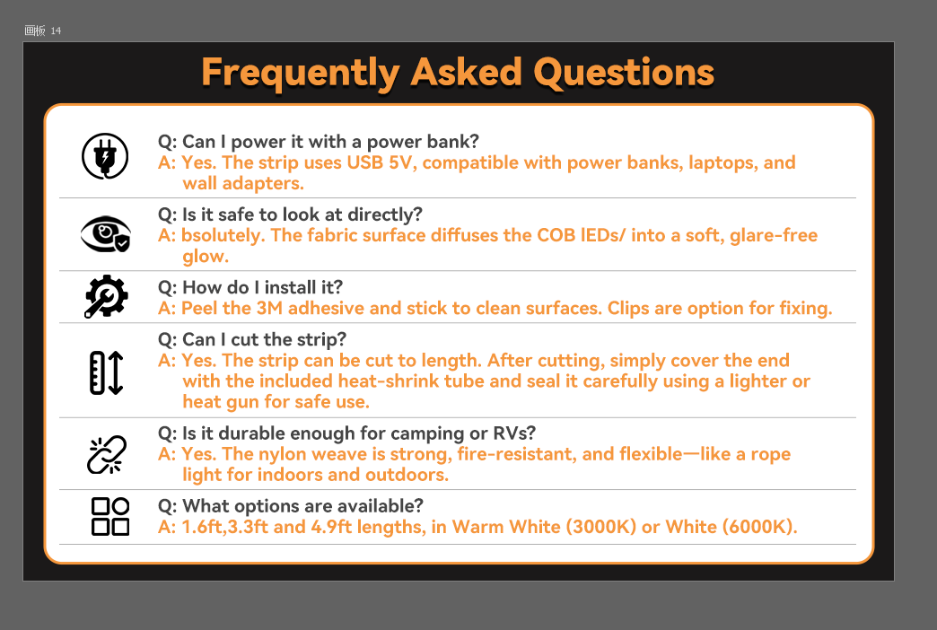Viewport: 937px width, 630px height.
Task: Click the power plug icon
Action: [105, 156]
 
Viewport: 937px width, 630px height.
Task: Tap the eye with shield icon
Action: [106, 233]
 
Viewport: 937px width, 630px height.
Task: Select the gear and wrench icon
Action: [106, 296]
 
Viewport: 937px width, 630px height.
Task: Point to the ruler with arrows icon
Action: [107, 372]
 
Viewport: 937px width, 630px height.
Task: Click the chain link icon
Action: [107, 454]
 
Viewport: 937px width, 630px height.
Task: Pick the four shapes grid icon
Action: [110, 516]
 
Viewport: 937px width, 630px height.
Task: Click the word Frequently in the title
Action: [301, 74]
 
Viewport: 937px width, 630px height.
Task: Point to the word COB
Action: [556, 235]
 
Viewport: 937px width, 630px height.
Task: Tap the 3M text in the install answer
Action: [269, 309]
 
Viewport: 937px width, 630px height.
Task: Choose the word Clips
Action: [628, 309]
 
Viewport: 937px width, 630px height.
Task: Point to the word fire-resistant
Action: [517, 454]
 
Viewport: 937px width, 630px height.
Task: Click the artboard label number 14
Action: [56, 31]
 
